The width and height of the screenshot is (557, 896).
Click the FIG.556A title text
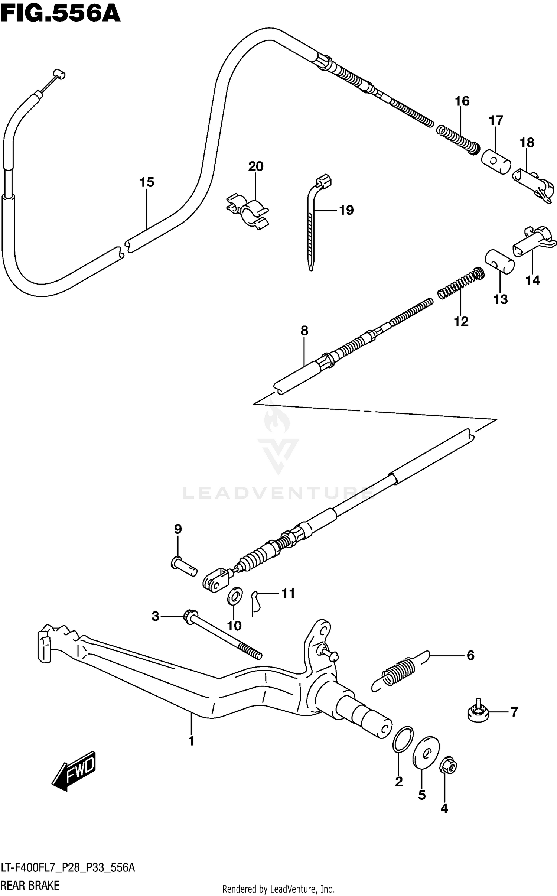60,15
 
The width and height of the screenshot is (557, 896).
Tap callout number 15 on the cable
147,182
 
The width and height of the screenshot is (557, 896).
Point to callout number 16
462,101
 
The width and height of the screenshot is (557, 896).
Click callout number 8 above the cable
304,330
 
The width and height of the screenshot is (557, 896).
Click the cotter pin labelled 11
256,602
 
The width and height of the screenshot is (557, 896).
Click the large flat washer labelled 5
426,751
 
